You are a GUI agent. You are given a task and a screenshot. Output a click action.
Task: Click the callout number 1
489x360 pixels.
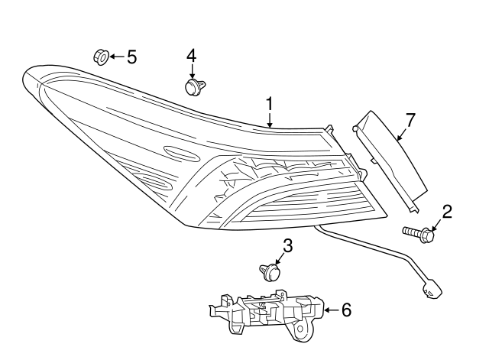tap(269, 103)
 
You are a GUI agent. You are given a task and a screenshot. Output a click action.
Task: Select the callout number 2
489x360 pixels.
tap(447, 211)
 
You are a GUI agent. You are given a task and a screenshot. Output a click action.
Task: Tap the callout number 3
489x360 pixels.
tap(287, 246)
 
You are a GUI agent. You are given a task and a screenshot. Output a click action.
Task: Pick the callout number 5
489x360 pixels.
tap(131, 57)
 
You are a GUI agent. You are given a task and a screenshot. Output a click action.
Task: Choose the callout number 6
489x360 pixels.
tap(346, 310)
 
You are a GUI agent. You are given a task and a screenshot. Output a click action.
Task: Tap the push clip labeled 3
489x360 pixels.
tap(268, 271)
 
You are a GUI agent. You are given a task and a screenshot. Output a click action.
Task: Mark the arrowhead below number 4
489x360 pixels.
tap(192, 74)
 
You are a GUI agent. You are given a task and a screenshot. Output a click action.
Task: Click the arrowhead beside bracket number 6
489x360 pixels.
tap(328, 310)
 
